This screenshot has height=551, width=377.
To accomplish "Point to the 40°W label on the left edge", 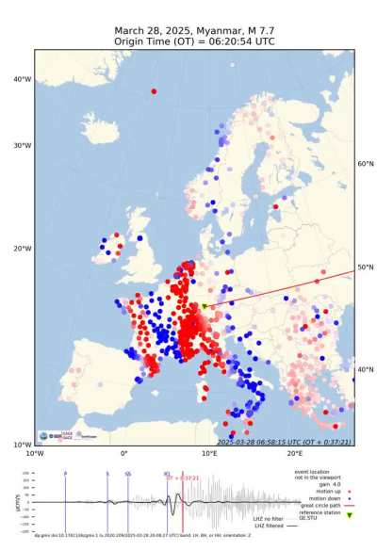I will pyautogui.click(x=23, y=79).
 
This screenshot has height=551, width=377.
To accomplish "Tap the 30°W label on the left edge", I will pyautogui.click(x=23, y=145).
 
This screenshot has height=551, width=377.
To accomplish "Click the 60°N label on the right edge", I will pyautogui.click(x=366, y=164).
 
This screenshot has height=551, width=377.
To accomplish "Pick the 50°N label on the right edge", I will pyautogui.click(x=366, y=268).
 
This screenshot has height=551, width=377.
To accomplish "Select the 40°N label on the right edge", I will pyautogui.click(x=366, y=369).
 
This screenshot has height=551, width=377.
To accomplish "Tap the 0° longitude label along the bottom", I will pyautogui.click(x=124, y=452).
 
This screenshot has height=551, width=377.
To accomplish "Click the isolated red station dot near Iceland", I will pyautogui.click(x=153, y=91).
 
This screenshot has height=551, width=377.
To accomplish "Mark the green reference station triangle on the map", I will pyautogui.click(x=205, y=306).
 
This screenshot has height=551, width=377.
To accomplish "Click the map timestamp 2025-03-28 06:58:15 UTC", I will pyautogui.click(x=267, y=441).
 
